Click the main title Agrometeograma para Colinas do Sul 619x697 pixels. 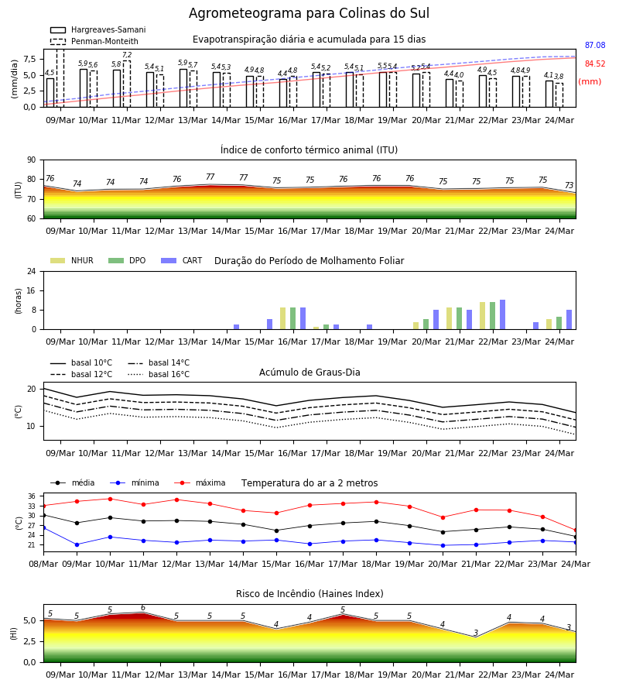pos(309,13)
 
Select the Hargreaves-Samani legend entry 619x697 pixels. pos(97,29)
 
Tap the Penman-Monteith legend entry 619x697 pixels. pos(94,41)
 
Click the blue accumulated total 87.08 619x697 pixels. pos(595,45)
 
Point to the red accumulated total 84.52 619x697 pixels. pos(595,64)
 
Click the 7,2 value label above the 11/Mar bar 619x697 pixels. pos(127,55)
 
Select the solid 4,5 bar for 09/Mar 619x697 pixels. pos(50,92)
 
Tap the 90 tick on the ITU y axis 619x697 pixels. pos(32,160)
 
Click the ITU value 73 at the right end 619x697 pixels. pos(569,185)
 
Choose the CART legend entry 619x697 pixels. pos(182,260)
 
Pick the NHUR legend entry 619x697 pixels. pos(72,260)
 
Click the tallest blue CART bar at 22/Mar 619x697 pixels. pos(503,314)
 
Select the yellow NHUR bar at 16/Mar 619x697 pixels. pos(283,318)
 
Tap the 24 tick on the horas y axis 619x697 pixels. pos(32,271)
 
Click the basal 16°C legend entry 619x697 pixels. pos(159,374)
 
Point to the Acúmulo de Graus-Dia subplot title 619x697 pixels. pos(309,372)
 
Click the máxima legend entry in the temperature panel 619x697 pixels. pos(200,482)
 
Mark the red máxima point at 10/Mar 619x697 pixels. pos(110,499)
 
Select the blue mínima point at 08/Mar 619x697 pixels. pos(43,527)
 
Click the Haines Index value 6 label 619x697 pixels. pos(143,608)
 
